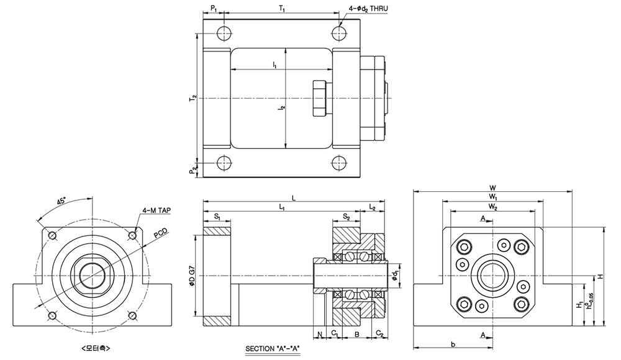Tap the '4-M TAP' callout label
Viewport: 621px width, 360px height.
(156, 211)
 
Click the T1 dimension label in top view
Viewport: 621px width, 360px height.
(281, 9)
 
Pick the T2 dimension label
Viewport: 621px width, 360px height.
(193, 98)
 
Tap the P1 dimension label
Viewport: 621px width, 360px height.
(213, 9)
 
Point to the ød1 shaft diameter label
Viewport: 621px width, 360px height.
(396, 275)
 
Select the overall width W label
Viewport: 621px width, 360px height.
(492, 187)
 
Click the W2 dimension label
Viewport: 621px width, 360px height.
(492, 205)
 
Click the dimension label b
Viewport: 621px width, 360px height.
(453, 343)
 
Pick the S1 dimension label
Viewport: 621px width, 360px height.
(217, 217)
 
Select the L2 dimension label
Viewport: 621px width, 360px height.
(372, 207)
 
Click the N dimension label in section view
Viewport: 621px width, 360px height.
(319, 335)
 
